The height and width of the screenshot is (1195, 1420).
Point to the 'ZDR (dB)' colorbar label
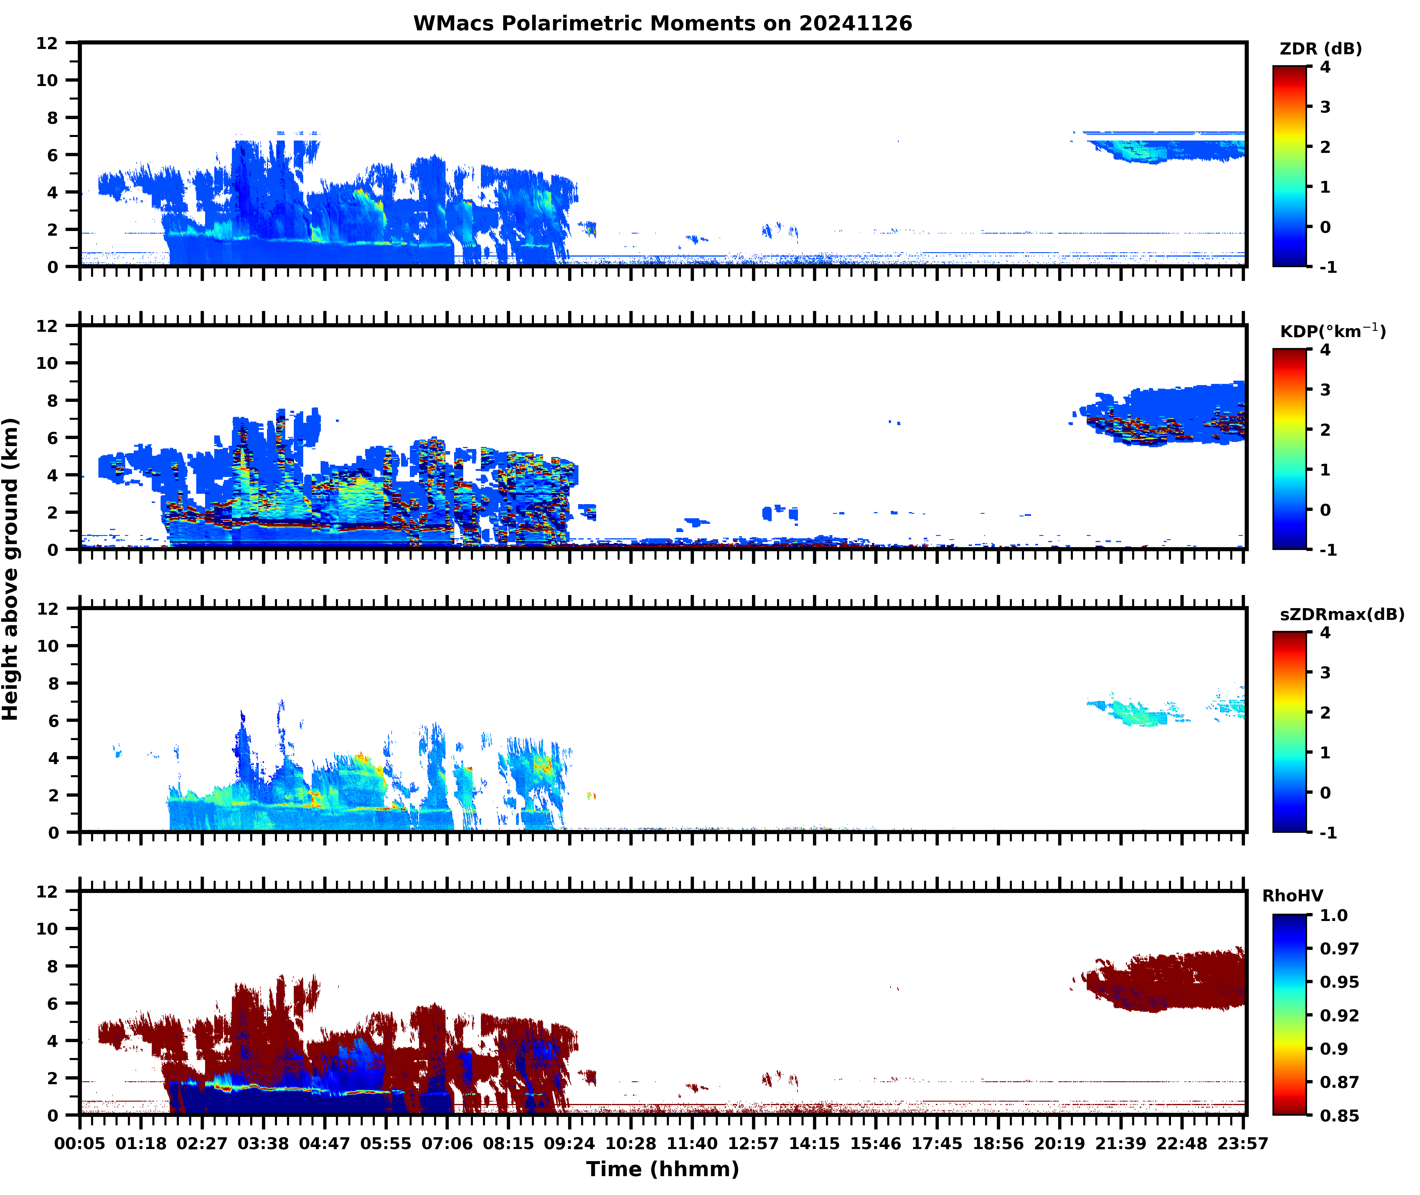[1320, 49]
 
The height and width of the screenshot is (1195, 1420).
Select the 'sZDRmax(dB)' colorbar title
[1341, 614]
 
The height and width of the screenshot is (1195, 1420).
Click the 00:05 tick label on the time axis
[80, 1143]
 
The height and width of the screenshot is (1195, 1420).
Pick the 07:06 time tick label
[447, 1143]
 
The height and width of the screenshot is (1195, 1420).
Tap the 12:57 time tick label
[753, 1143]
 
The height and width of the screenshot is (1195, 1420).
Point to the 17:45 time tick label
[937, 1143]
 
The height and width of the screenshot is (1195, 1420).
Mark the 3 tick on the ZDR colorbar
[1325, 107]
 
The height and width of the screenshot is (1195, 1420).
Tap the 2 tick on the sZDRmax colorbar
[1325, 713]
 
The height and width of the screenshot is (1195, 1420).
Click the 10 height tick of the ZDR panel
[47, 80]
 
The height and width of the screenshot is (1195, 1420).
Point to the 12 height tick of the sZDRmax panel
[47, 608]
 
